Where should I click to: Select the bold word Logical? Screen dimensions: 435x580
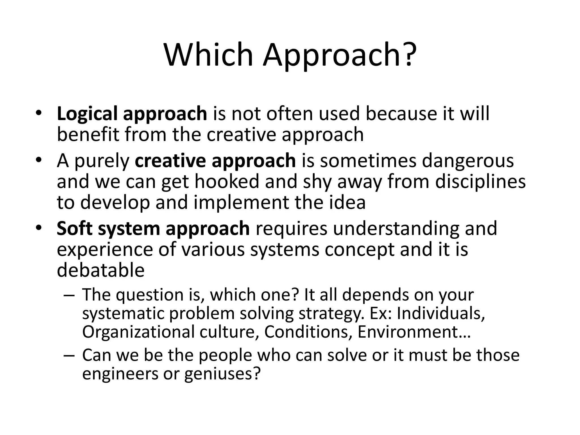[87, 114]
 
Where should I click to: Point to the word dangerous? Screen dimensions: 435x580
[468, 161]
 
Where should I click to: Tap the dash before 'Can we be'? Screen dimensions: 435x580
[69, 356]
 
